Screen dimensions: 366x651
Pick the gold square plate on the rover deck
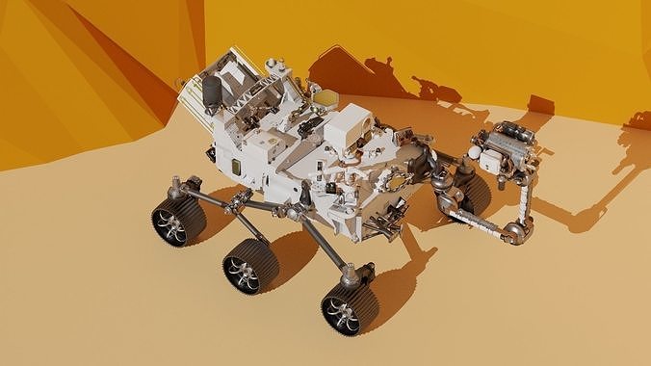point(326,97)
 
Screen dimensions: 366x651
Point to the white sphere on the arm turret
point(474,151)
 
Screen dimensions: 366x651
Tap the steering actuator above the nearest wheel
point(349,276)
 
